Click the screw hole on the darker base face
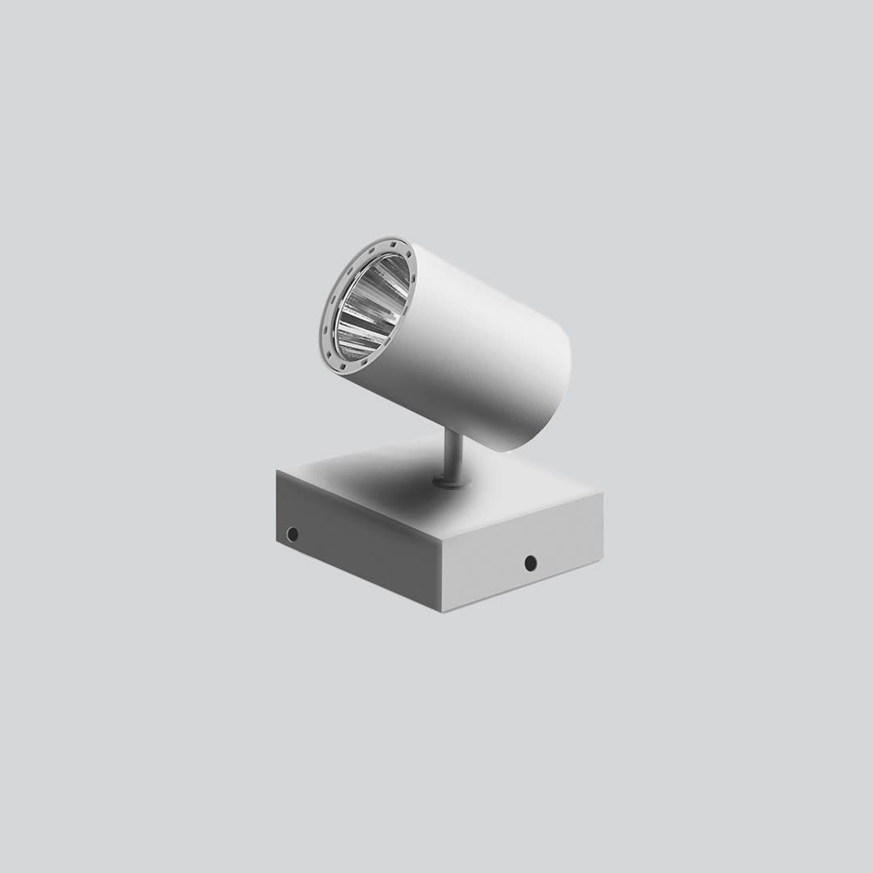tap(293, 534)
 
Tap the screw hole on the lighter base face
tap(530, 563)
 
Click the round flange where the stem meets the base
tap(451, 482)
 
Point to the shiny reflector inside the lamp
tap(370, 307)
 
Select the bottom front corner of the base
tap(443, 611)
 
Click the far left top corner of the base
tap(277, 471)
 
